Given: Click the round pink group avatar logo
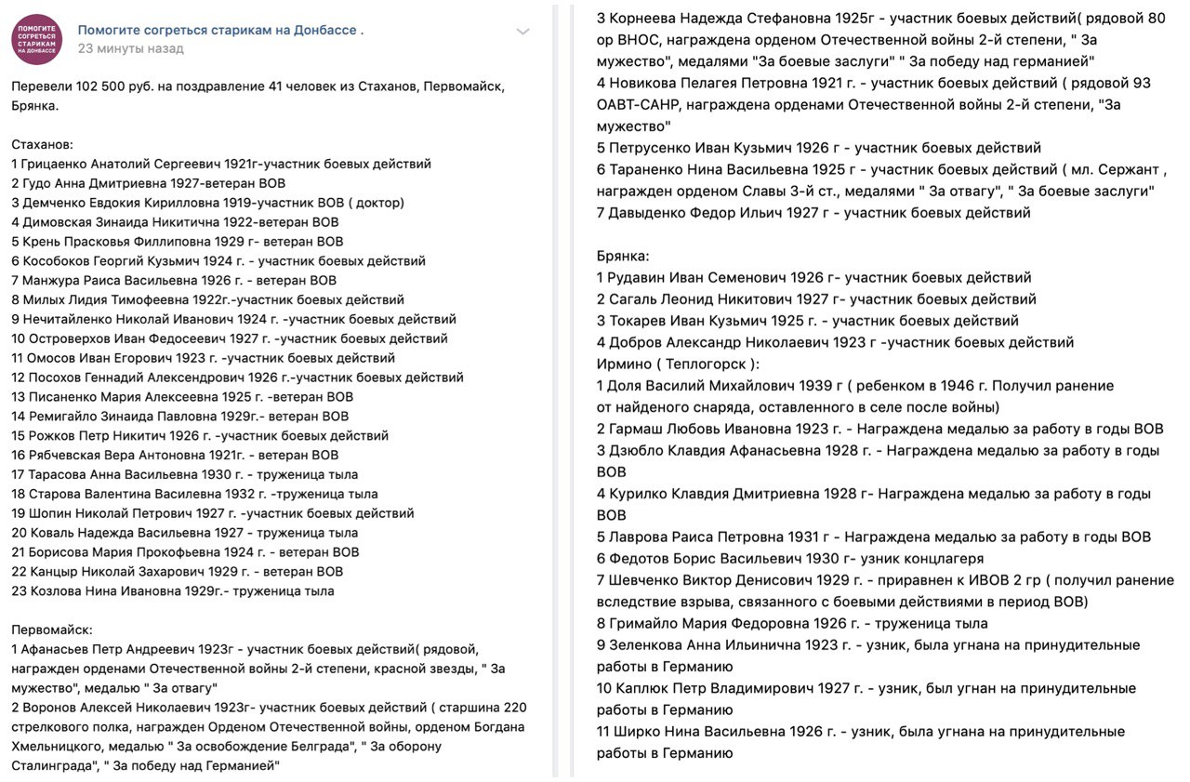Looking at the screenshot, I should point(37,39).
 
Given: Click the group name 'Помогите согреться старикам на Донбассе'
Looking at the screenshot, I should point(220,30).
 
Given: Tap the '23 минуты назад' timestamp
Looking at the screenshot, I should point(130,48).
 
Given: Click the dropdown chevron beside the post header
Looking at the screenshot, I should point(523,33).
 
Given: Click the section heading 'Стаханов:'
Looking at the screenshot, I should point(43,144).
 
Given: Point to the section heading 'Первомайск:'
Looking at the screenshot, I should point(52,630).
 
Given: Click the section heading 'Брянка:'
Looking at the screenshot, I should point(623,256).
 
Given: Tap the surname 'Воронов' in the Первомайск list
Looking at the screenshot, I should point(51,707).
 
